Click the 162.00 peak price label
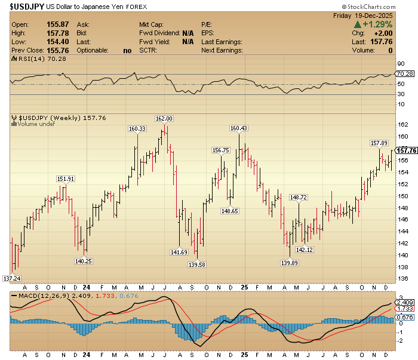(164, 119)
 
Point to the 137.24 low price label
(12, 278)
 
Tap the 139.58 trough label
(196, 264)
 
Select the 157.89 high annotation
(379, 143)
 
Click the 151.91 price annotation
(66, 179)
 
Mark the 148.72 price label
(299, 198)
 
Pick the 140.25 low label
(84, 261)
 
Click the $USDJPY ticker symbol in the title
(27, 7)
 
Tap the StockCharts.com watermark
(369, 7)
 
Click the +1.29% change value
(377, 24)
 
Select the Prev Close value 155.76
(58, 50)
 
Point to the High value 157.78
(58, 33)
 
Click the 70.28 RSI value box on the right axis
(405, 74)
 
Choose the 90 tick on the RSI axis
(401, 64)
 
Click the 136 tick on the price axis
(403, 278)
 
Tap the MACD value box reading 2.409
(405, 303)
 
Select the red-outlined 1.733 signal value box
(405, 309)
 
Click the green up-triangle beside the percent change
(358, 24)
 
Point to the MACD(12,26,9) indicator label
(44, 296)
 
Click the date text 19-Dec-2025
(373, 16)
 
